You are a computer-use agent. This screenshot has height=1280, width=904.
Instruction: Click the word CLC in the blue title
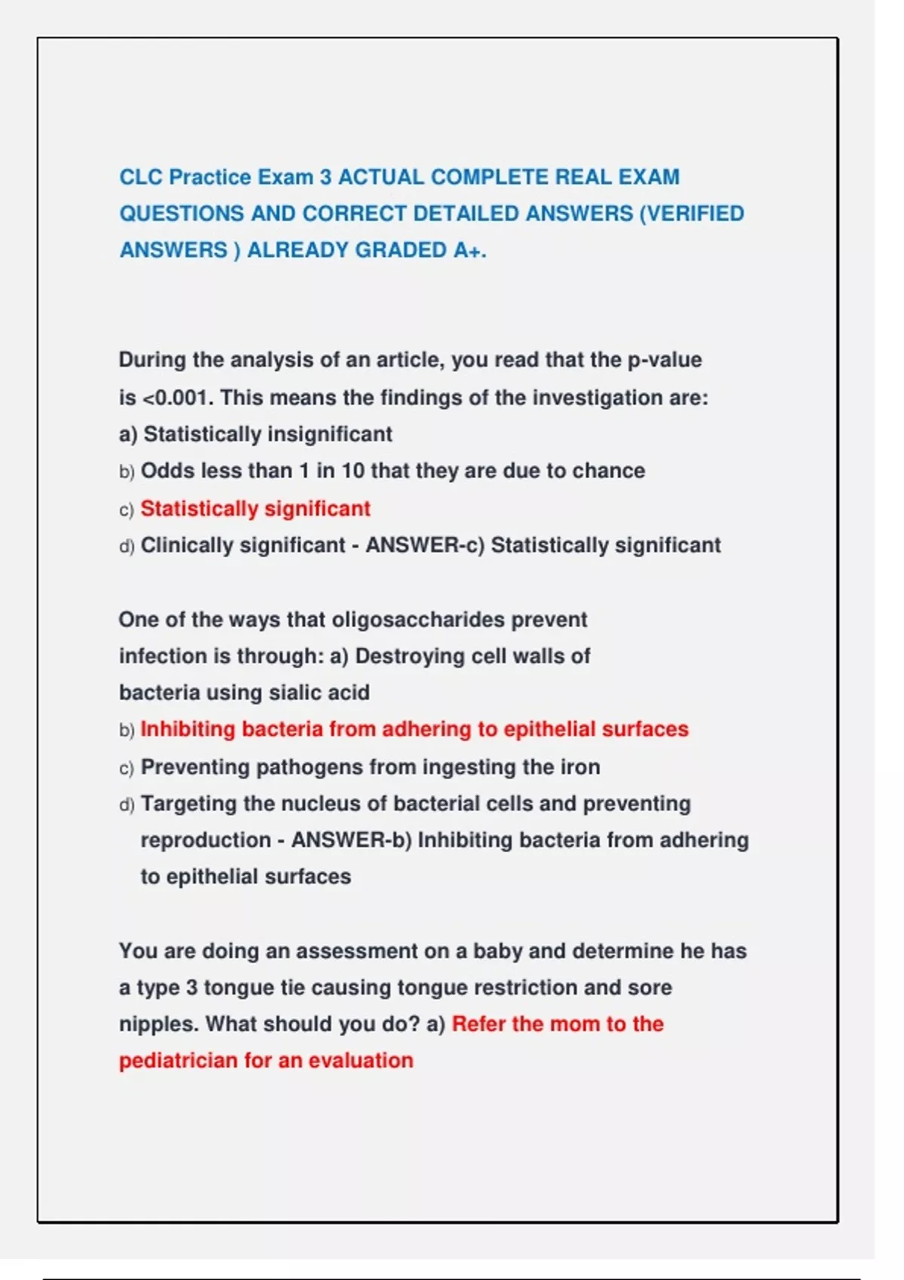tap(141, 177)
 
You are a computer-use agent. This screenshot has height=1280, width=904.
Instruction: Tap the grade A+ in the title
tap(469, 250)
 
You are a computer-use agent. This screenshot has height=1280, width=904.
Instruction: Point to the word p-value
tap(664, 360)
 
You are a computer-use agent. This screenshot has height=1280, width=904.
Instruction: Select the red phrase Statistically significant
tap(255, 509)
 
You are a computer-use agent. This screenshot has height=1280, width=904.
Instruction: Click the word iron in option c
tap(580, 767)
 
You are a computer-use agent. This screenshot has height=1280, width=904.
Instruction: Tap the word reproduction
tap(206, 840)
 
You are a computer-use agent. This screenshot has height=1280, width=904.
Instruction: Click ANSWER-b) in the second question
tap(351, 840)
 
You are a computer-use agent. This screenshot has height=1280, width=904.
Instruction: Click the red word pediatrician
tap(179, 1061)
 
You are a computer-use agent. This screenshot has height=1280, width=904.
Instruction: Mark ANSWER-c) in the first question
tap(425, 545)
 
